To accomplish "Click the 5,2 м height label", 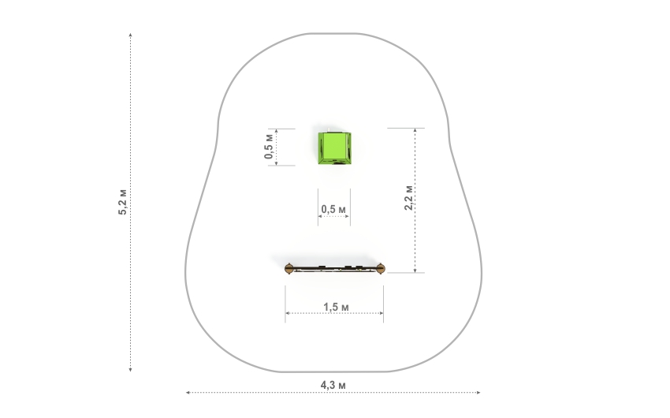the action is (x=123, y=202).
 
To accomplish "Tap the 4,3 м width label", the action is (x=333, y=385).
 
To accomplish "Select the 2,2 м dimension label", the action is (x=408, y=197).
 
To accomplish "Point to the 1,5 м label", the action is (x=336, y=307).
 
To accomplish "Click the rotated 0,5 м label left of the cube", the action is (x=268, y=146).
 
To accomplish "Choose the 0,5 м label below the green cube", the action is (x=333, y=210).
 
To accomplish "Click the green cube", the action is (x=334, y=148).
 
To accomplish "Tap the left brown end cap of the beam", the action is (x=288, y=268).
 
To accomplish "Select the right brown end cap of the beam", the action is (x=381, y=268).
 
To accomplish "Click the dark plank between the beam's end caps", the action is (x=335, y=269).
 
